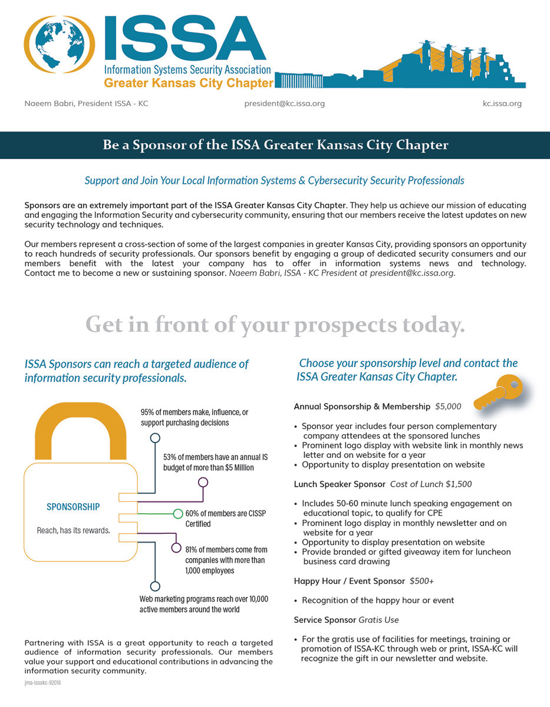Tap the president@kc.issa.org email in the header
pyautogui.click(x=284, y=104)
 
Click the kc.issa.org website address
pyautogui.click(x=502, y=104)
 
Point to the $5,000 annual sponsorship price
pyautogui.click(x=448, y=407)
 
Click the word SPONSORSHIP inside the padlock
pyautogui.click(x=73, y=507)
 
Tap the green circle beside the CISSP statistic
pyautogui.click(x=178, y=513)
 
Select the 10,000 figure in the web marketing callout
pyautogui.click(x=255, y=599)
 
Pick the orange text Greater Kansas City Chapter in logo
pyautogui.click(x=189, y=82)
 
